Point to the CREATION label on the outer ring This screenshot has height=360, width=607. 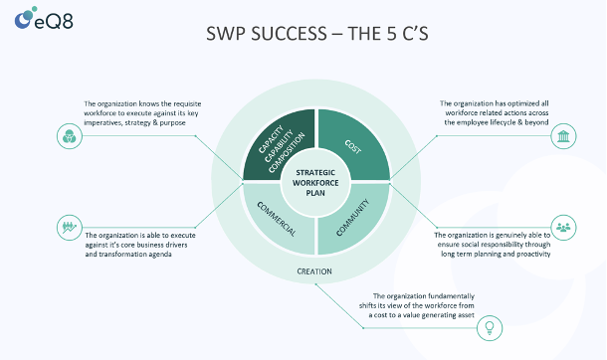(315, 270)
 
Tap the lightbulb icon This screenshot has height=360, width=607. (489, 326)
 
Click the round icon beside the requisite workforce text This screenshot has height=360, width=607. (68, 135)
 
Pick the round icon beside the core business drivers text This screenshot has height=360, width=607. (68, 227)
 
